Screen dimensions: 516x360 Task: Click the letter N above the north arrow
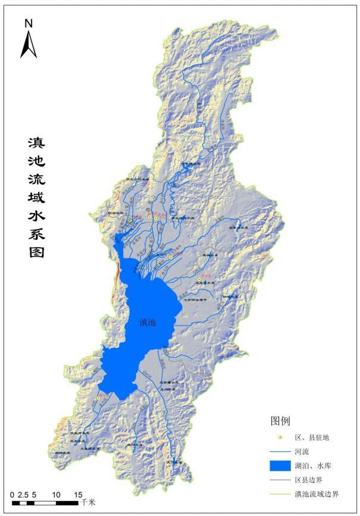pos(29,23)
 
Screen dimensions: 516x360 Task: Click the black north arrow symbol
pos(29,45)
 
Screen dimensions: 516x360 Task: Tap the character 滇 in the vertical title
pos(36,143)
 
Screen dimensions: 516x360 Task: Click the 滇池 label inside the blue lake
pos(148,323)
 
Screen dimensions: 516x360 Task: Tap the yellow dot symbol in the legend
pos(278,437)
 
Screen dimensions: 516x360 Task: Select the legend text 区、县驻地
pos(312,437)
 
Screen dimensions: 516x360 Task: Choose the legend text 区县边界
pos(309,480)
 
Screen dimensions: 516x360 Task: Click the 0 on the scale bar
pos(12,495)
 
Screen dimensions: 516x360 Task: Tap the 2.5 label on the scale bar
pos(23,495)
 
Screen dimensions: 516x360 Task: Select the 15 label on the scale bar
pos(78,495)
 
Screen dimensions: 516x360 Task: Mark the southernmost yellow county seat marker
pos(98,398)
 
